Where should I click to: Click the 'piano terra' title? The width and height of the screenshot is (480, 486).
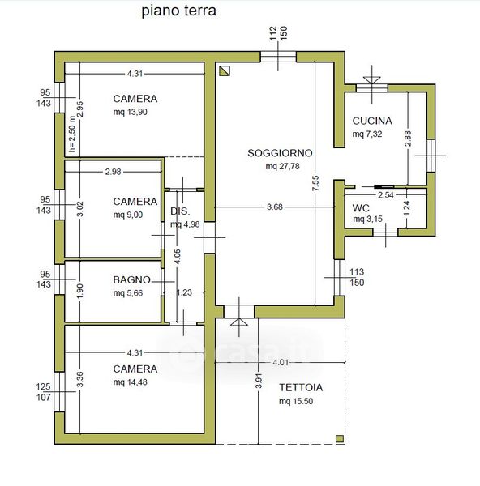coord(178,11)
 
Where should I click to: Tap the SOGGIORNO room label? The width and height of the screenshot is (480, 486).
coord(280,153)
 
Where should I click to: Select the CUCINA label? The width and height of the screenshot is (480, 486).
coord(372,121)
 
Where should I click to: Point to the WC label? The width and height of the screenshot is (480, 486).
coord(361,207)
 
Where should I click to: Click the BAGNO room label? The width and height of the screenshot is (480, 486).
coord(131,280)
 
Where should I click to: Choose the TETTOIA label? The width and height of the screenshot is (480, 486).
coord(301,387)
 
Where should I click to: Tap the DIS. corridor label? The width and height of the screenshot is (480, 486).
coord(180,211)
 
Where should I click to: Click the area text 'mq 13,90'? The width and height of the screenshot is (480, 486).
coord(130,112)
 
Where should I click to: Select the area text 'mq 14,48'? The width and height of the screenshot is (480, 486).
coord(130,382)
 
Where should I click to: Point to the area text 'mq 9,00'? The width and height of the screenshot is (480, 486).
coord(128,215)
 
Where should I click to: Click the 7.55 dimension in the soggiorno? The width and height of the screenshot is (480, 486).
coord(315,184)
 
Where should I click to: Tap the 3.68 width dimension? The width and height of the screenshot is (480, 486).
coord(275,207)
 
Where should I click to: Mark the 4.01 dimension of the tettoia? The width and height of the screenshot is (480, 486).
coord(281,362)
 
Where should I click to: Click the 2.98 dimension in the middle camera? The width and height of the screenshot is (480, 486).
coord(113,172)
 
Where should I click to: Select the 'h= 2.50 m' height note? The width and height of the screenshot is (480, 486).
coord(72,134)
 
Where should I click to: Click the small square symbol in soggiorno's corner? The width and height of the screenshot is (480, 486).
coord(225,71)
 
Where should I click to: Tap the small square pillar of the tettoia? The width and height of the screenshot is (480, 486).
coord(340,438)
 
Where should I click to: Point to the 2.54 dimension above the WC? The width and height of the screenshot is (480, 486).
coord(386,195)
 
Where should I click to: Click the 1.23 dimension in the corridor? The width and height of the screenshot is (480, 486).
coord(184,292)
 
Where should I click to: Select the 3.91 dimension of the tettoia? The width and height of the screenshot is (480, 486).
coord(259,381)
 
